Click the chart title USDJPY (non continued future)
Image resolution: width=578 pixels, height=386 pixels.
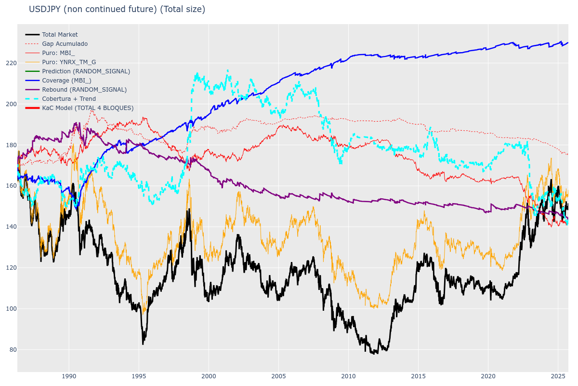click(117, 9)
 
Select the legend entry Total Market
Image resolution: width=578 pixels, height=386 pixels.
click(60, 35)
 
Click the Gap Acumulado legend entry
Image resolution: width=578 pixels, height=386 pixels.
click(65, 44)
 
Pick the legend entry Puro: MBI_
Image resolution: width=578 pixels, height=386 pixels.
click(58, 53)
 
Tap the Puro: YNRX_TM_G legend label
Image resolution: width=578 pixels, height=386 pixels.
click(69, 62)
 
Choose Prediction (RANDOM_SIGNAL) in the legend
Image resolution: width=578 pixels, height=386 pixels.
click(86, 71)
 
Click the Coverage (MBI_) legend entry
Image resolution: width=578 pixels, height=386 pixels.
click(66, 81)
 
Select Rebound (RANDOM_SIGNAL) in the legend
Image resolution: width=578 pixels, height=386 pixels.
click(84, 90)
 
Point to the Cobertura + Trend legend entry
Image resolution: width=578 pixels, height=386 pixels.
click(69, 99)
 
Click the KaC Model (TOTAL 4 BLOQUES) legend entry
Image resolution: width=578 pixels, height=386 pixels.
click(88, 108)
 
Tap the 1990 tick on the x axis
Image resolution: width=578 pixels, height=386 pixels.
click(69, 376)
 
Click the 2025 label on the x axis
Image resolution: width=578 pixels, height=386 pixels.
click(558, 376)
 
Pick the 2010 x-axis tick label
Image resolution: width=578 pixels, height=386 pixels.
click(348, 376)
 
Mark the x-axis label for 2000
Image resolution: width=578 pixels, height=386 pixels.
click(209, 376)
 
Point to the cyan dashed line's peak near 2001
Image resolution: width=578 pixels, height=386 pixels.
click(227, 70)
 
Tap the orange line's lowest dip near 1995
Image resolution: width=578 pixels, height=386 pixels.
click(143, 314)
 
